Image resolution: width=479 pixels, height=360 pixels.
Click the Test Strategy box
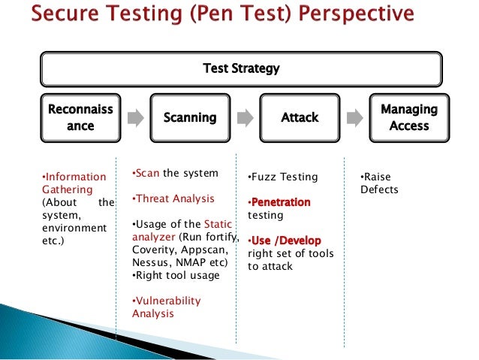(x=241, y=69)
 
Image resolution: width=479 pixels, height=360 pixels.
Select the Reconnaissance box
(x=80, y=117)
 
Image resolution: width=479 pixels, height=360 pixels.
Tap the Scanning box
(x=190, y=117)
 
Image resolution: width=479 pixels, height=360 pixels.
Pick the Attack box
(x=300, y=117)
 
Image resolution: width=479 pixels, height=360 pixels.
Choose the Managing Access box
(x=408, y=117)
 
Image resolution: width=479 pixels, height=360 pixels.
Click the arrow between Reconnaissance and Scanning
(x=135, y=118)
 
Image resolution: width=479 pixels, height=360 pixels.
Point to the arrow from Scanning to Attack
(x=245, y=118)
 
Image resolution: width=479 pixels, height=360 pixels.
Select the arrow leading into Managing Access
(x=354, y=118)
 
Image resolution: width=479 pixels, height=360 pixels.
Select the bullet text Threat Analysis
(x=173, y=199)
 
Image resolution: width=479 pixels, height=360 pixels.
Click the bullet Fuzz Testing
(x=283, y=177)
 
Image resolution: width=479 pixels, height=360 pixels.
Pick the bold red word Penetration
(x=281, y=203)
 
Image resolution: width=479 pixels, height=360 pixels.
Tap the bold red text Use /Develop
(x=286, y=241)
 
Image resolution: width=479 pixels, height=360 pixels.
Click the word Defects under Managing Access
(x=379, y=189)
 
